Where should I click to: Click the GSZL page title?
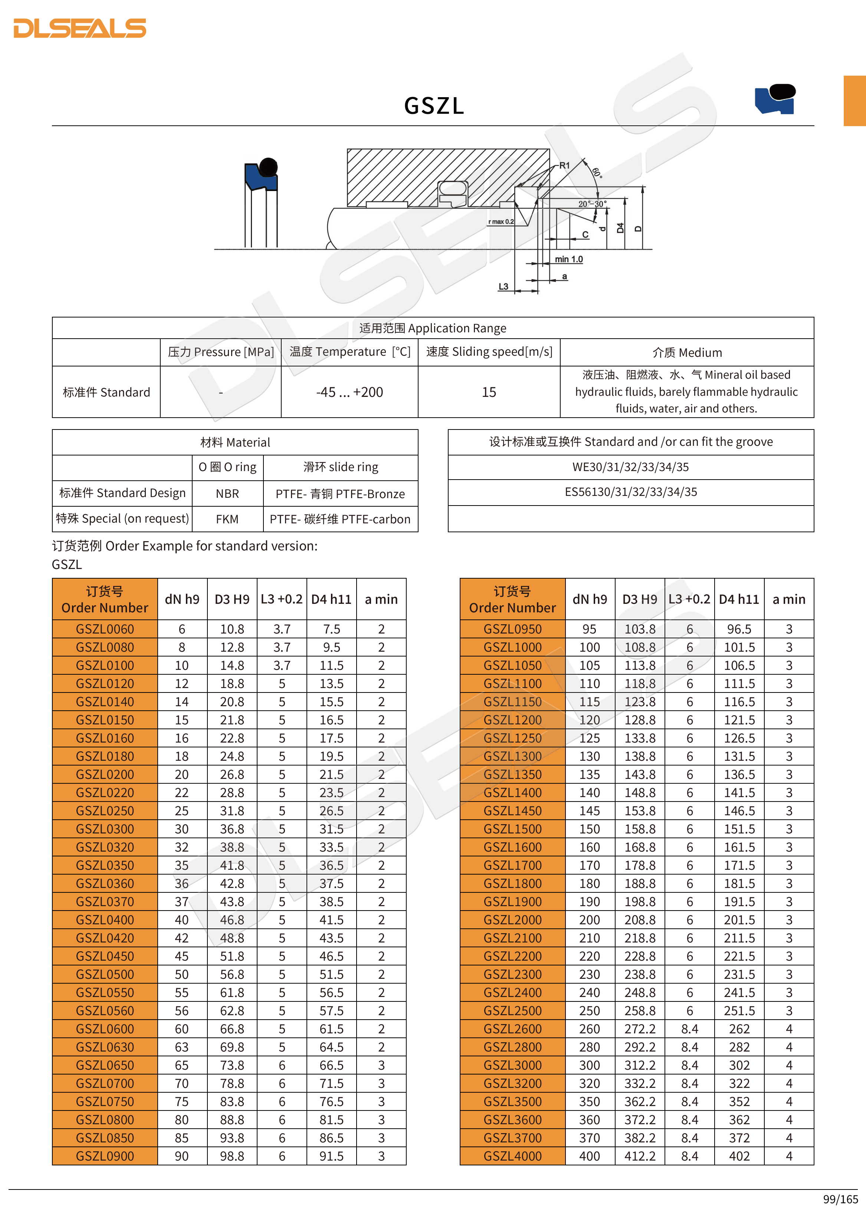(x=434, y=106)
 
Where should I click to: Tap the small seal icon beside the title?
(x=775, y=99)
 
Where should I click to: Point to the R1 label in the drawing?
(x=564, y=166)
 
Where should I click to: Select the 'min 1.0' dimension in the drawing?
(x=568, y=260)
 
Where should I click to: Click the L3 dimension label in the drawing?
(x=503, y=287)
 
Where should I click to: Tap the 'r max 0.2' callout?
(x=501, y=222)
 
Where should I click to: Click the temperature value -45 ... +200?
(x=349, y=392)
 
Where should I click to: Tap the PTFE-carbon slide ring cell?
(x=340, y=519)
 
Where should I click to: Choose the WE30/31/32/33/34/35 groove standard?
(x=630, y=467)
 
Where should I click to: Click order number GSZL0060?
(x=105, y=629)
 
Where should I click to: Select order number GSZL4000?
(x=512, y=1156)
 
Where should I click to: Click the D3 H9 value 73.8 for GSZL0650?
(x=232, y=1065)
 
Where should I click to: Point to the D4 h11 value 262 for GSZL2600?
(x=739, y=1029)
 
